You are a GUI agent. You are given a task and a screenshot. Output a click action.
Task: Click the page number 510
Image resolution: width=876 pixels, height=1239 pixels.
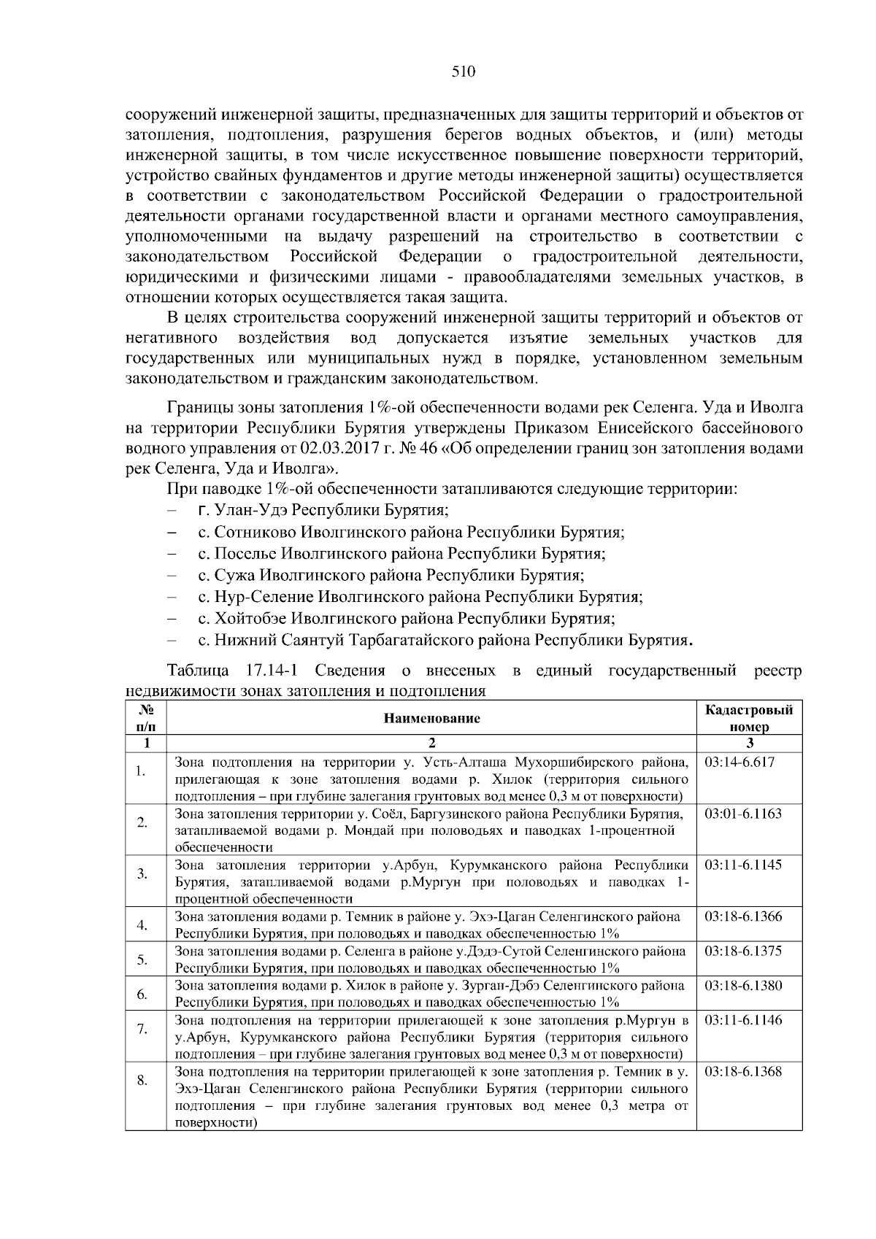[x=463, y=71]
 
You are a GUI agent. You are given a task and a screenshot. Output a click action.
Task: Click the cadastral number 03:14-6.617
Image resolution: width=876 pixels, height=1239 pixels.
[x=739, y=763]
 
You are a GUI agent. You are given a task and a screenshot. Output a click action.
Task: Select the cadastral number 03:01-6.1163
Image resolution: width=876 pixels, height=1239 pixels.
[x=742, y=814]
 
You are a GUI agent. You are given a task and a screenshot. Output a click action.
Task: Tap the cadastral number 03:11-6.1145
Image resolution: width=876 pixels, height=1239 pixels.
[x=742, y=865]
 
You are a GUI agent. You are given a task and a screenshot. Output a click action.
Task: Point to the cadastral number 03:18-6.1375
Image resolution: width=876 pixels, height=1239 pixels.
[x=742, y=951]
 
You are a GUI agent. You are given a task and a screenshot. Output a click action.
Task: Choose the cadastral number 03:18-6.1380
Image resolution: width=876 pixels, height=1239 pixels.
[x=742, y=986]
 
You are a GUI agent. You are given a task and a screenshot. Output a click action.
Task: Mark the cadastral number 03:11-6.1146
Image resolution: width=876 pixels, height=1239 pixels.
[x=742, y=1020]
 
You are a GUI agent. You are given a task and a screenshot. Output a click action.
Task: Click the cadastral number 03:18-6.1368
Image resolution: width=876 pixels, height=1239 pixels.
[x=742, y=1071]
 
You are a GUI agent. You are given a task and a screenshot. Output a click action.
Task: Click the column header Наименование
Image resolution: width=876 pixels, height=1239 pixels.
[x=431, y=718]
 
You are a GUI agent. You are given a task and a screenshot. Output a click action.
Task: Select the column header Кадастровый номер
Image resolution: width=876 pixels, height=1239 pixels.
[x=749, y=718]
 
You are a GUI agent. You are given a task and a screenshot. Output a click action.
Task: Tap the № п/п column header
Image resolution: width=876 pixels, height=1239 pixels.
[x=146, y=718]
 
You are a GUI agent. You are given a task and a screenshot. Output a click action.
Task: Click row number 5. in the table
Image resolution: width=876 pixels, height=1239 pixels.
[x=142, y=960]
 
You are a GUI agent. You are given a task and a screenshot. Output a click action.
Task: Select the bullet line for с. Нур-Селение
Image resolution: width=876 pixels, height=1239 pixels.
[x=420, y=597]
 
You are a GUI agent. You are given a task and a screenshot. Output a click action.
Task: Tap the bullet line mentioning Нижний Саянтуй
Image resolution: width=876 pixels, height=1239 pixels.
[x=444, y=641]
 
